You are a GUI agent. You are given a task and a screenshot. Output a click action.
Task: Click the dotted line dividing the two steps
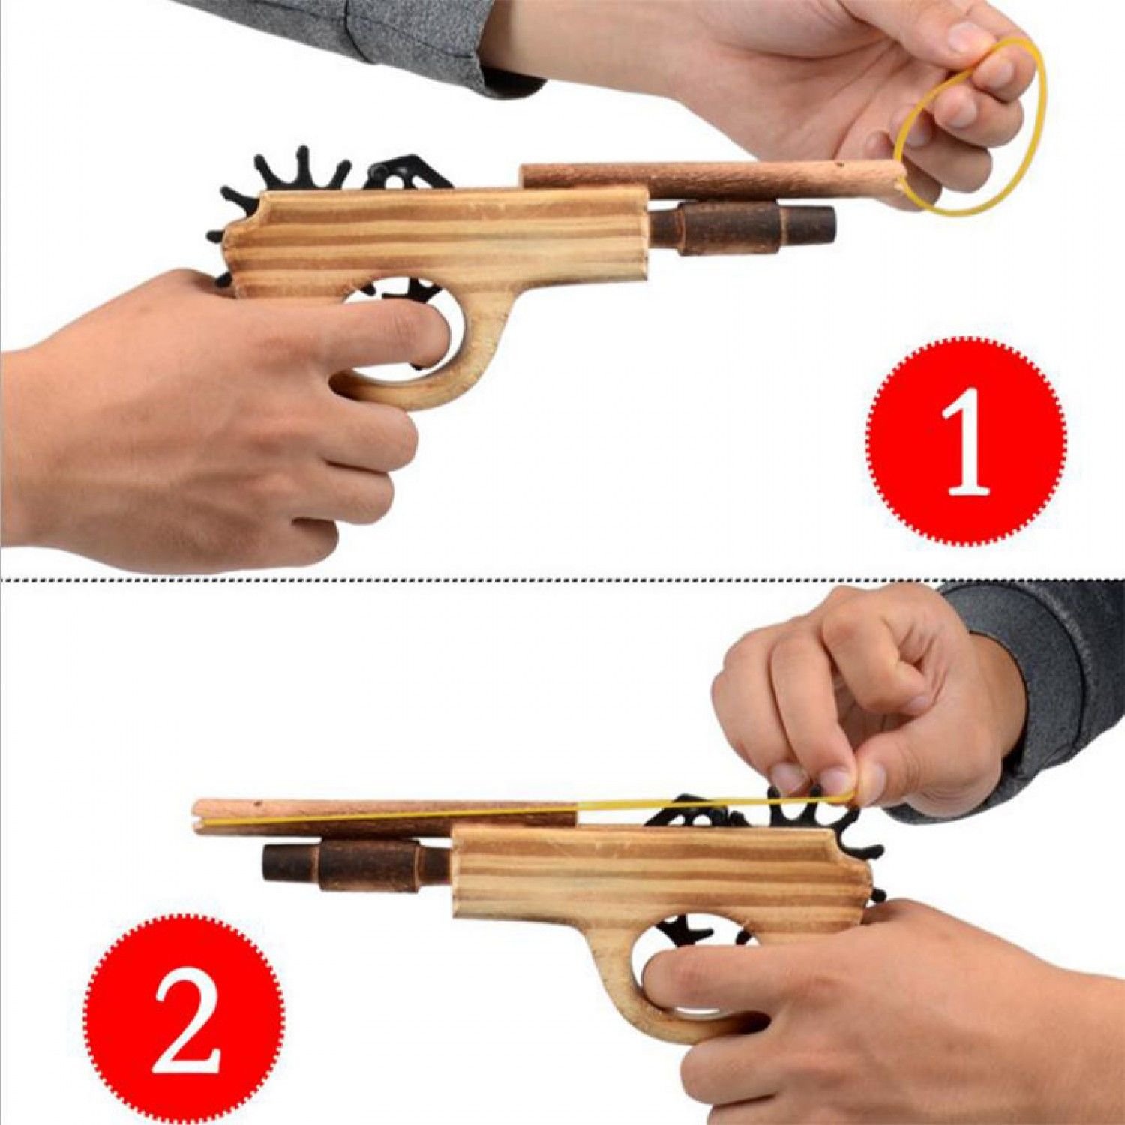pos(562,580)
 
